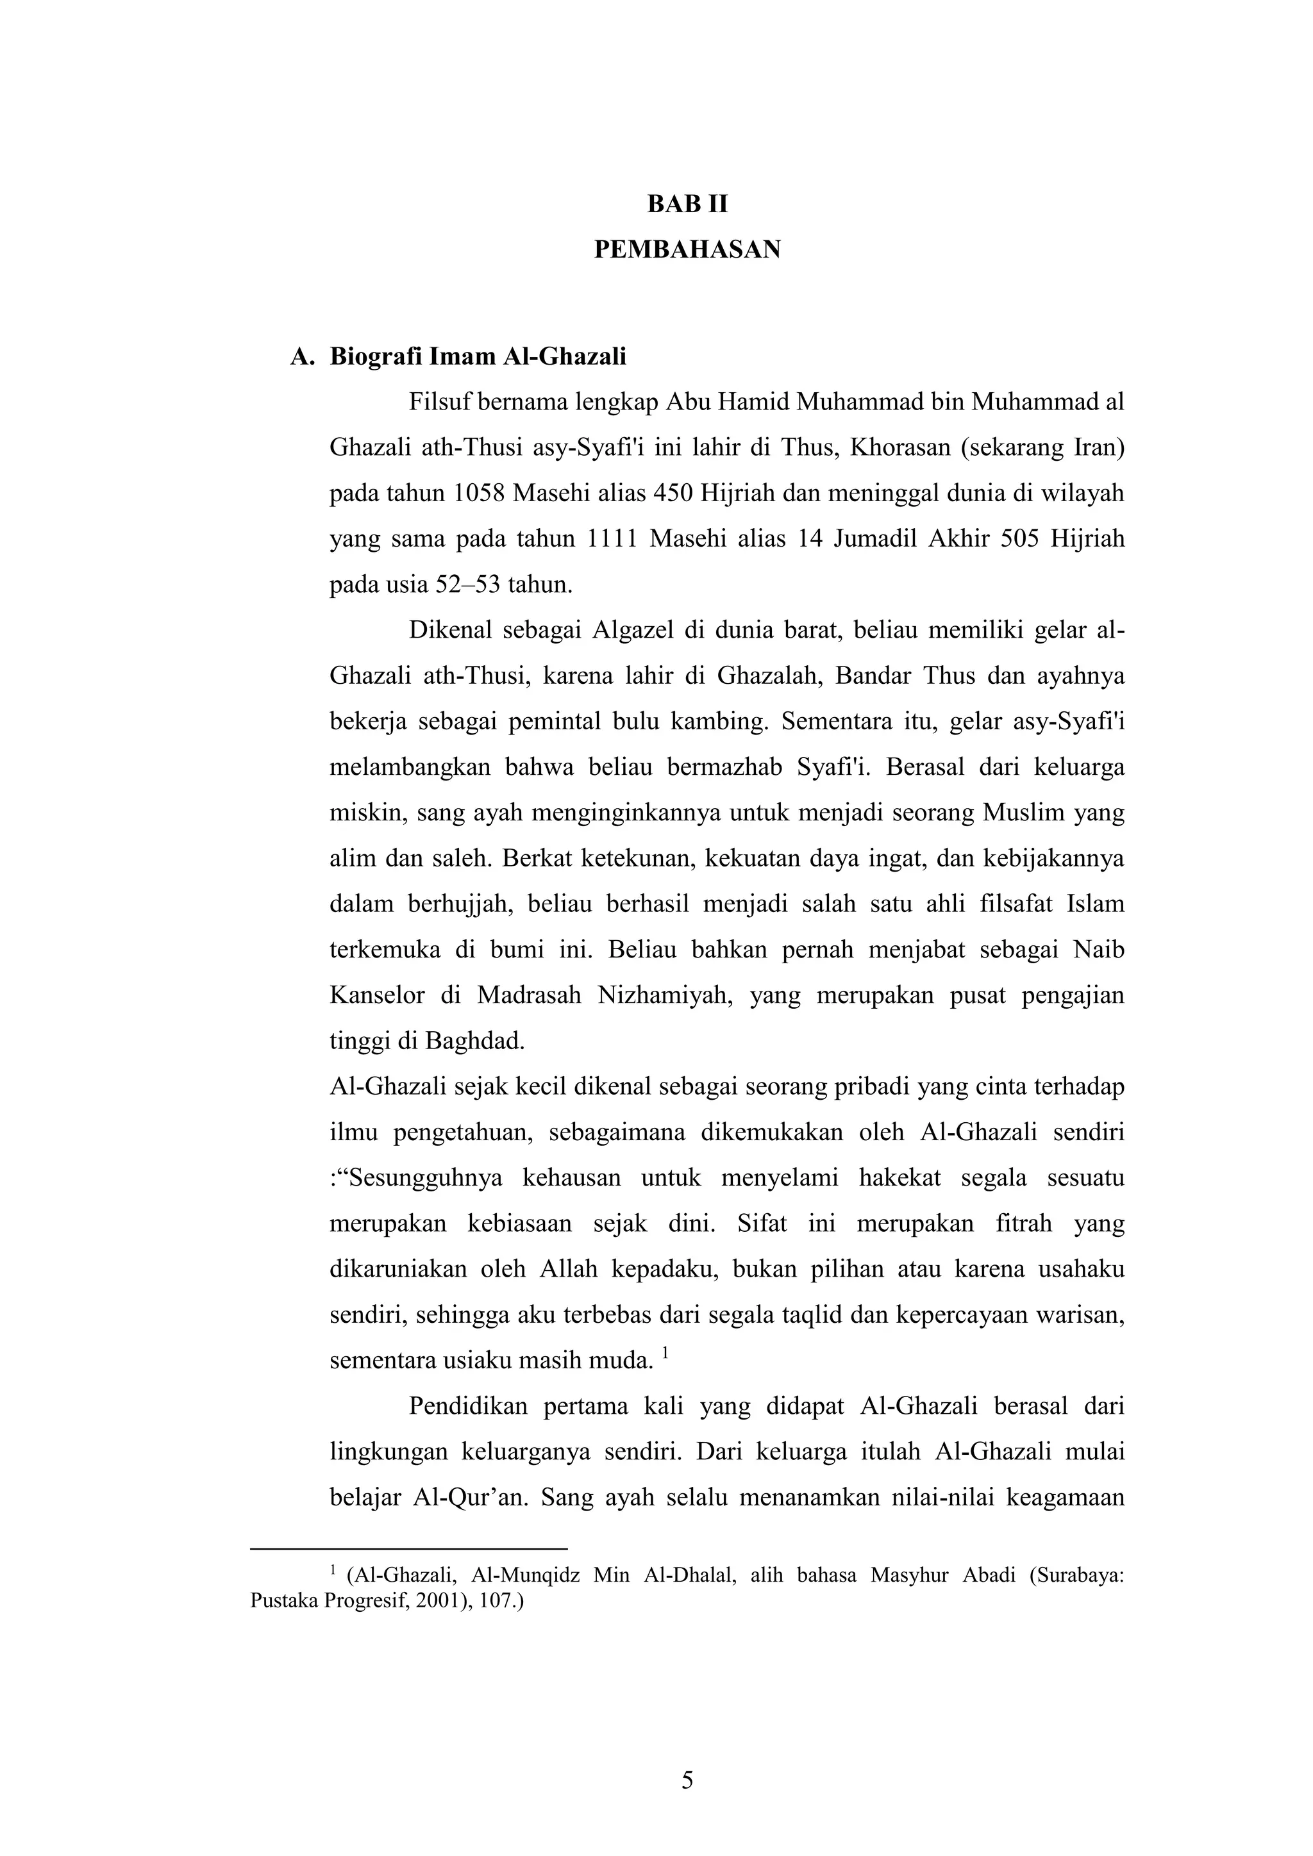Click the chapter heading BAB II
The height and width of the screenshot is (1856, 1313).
tap(687, 204)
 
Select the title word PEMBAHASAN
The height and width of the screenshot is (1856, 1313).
tap(687, 250)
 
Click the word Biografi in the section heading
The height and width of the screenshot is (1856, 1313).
tap(376, 356)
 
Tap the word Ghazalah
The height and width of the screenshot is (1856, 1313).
tap(768, 675)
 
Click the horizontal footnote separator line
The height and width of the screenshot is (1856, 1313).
tap(409, 1549)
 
